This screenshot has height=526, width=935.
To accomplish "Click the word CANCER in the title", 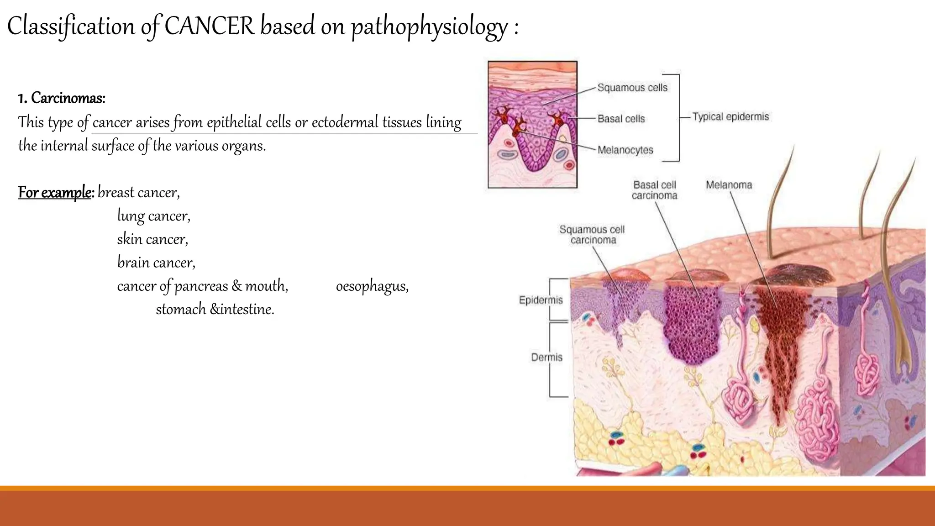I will [x=209, y=26].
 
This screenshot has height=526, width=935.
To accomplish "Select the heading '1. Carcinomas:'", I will [x=62, y=98].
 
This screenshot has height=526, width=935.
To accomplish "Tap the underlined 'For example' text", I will [x=55, y=192].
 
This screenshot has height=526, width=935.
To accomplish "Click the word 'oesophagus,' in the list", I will [x=372, y=286].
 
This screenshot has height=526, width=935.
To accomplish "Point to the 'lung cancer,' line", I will [x=153, y=216].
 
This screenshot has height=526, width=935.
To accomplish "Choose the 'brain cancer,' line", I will [x=156, y=263].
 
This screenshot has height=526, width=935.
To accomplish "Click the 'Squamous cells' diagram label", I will [x=632, y=88].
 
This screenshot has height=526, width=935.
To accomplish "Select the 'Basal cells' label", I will [x=621, y=119].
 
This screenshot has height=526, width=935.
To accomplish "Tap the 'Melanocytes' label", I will [x=625, y=150].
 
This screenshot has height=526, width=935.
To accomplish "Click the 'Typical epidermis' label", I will [x=730, y=117].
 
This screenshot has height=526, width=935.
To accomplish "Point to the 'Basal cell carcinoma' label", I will [x=654, y=190].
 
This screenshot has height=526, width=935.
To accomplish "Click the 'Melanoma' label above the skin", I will [x=729, y=185].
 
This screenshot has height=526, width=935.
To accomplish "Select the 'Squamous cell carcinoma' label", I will [x=592, y=235].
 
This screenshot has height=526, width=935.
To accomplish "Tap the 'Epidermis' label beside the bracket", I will [x=541, y=300].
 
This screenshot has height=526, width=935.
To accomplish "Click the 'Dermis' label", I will [x=546, y=357].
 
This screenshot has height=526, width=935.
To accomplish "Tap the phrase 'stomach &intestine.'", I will [x=215, y=310].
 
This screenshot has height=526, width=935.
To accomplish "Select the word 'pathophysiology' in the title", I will [x=429, y=26].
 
